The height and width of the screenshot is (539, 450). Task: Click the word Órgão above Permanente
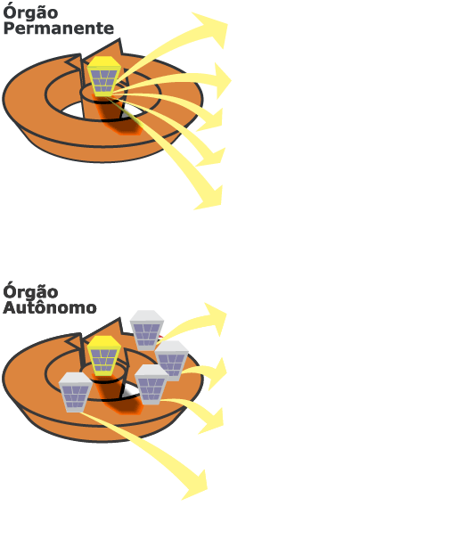click(30, 12)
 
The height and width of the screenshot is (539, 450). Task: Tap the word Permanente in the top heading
click(59, 29)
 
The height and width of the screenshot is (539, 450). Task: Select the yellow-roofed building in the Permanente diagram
click(104, 77)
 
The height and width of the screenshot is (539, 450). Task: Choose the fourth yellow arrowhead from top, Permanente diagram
click(212, 158)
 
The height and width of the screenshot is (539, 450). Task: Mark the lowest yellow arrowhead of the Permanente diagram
click(210, 199)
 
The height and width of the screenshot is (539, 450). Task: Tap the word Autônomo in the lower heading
click(50, 307)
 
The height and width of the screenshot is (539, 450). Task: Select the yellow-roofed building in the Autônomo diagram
click(104, 355)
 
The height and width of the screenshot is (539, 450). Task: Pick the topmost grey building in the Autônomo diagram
click(147, 331)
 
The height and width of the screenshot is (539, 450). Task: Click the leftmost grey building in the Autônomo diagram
click(76, 392)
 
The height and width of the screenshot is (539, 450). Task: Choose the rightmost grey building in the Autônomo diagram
click(172, 361)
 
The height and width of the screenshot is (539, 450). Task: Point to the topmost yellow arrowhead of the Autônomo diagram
click(216, 318)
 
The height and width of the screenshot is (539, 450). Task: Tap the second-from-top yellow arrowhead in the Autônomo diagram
click(218, 373)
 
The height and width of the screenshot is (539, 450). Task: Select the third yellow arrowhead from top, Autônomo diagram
click(213, 421)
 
